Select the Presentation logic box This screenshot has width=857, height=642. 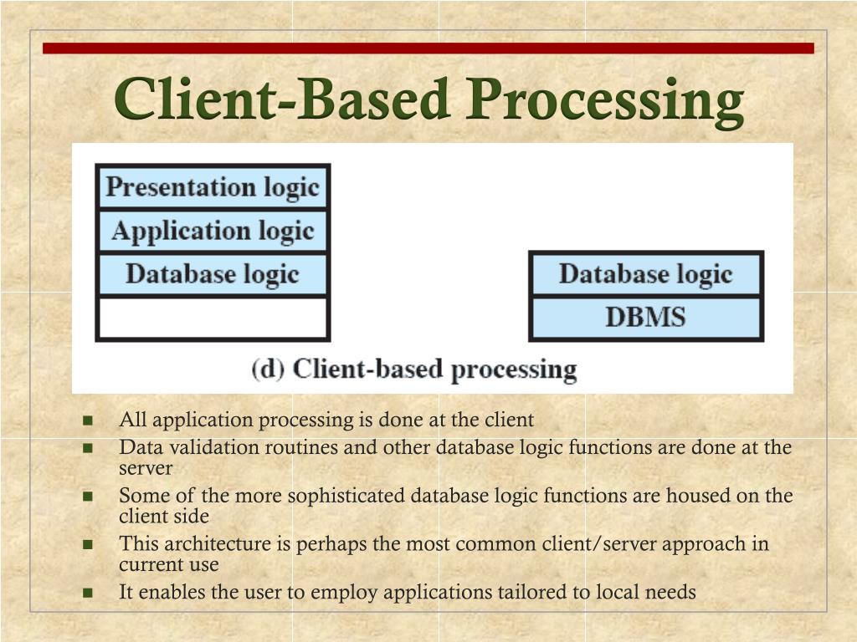coord(213,187)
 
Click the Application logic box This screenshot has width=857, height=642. coord(213,232)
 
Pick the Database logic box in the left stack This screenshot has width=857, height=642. coord(213,275)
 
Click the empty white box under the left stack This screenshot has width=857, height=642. coord(213,318)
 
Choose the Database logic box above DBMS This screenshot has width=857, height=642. coord(645,274)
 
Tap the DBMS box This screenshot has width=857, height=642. coord(645,318)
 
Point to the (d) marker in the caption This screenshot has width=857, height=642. coord(267,369)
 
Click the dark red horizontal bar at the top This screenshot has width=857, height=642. coord(428,48)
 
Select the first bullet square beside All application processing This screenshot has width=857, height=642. coord(88,420)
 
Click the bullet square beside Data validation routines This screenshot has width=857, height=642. coord(88,447)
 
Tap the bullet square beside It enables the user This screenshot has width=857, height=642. coord(88,593)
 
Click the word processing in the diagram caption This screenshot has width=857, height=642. coord(514,369)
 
